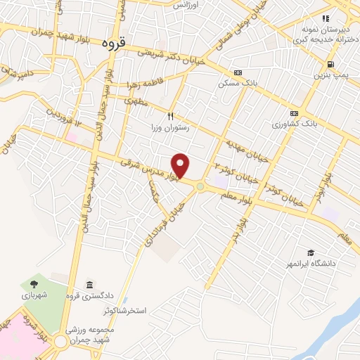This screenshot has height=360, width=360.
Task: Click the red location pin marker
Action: pos(181,166)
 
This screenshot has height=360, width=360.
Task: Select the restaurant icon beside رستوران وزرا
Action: pos(169,117)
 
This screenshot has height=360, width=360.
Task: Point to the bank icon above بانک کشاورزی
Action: pos(294,113)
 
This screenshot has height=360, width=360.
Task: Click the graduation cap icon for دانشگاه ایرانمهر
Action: pos(310,252)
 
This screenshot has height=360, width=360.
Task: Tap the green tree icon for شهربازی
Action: pos(33,284)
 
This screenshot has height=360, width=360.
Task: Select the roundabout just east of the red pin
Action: pos(200,186)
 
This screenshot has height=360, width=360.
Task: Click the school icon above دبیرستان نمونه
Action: pos(325,18)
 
